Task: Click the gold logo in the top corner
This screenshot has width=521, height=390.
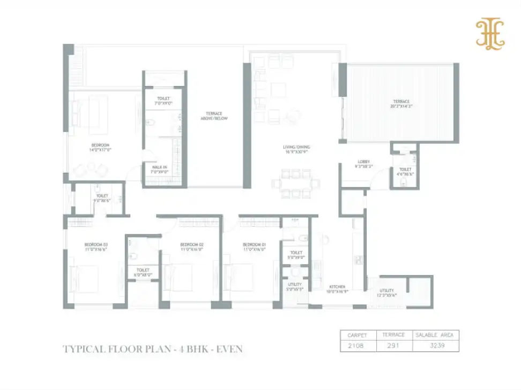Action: tap(490, 35)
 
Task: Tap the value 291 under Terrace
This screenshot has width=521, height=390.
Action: tap(394, 346)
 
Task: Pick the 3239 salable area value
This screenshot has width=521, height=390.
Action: tap(435, 346)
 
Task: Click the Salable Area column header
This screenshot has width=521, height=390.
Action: tap(435, 335)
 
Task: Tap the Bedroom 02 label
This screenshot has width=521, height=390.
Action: tap(192, 246)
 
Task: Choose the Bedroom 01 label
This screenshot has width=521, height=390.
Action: tap(254, 246)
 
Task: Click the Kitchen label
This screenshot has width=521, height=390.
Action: tap(337, 287)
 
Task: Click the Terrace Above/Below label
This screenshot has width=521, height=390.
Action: tap(217, 116)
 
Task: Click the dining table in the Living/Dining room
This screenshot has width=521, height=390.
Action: tap(292, 181)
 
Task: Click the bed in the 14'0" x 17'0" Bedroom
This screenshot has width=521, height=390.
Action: tap(90, 112)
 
